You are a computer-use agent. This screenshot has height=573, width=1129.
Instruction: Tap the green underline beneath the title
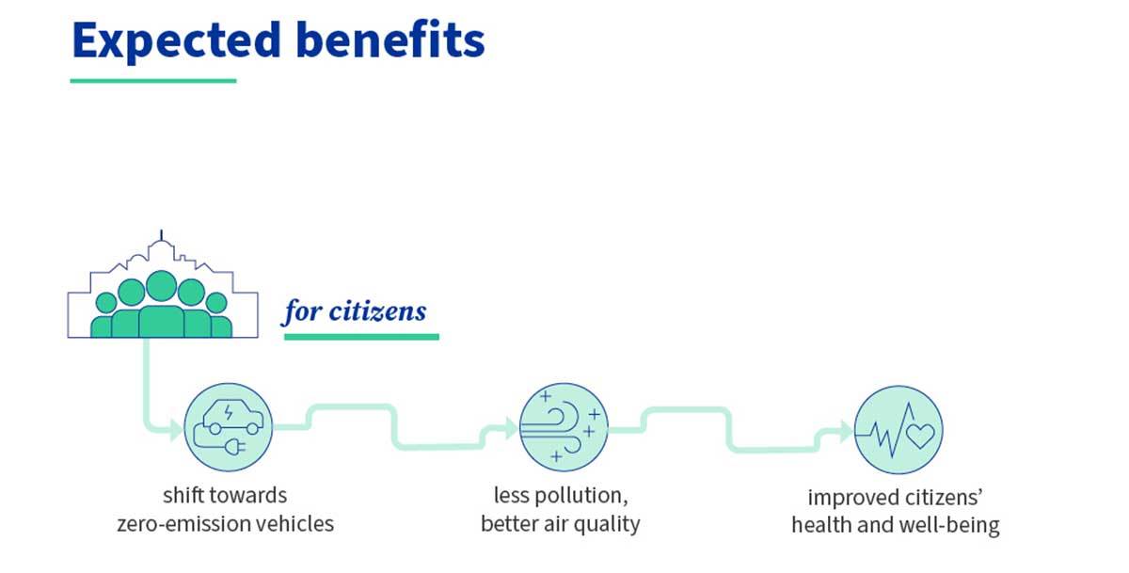(153, 81)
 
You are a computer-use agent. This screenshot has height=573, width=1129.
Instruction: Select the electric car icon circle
(228, 427)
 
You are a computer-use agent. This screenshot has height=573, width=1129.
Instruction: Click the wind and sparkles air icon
(564, 427)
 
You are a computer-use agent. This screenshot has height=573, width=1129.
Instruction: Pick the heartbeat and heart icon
(898, 432)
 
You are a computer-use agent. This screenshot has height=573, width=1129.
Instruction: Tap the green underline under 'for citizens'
(361, 336)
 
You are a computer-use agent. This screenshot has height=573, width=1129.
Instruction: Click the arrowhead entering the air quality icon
(510, 429)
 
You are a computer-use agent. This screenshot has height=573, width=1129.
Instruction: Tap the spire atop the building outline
(161, 235)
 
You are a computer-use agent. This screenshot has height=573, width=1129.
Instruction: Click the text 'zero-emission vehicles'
(226, 523)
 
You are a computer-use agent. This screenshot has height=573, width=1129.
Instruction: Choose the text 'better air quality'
(560, 523)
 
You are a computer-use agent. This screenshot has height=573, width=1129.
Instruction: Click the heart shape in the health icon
(919, 436)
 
